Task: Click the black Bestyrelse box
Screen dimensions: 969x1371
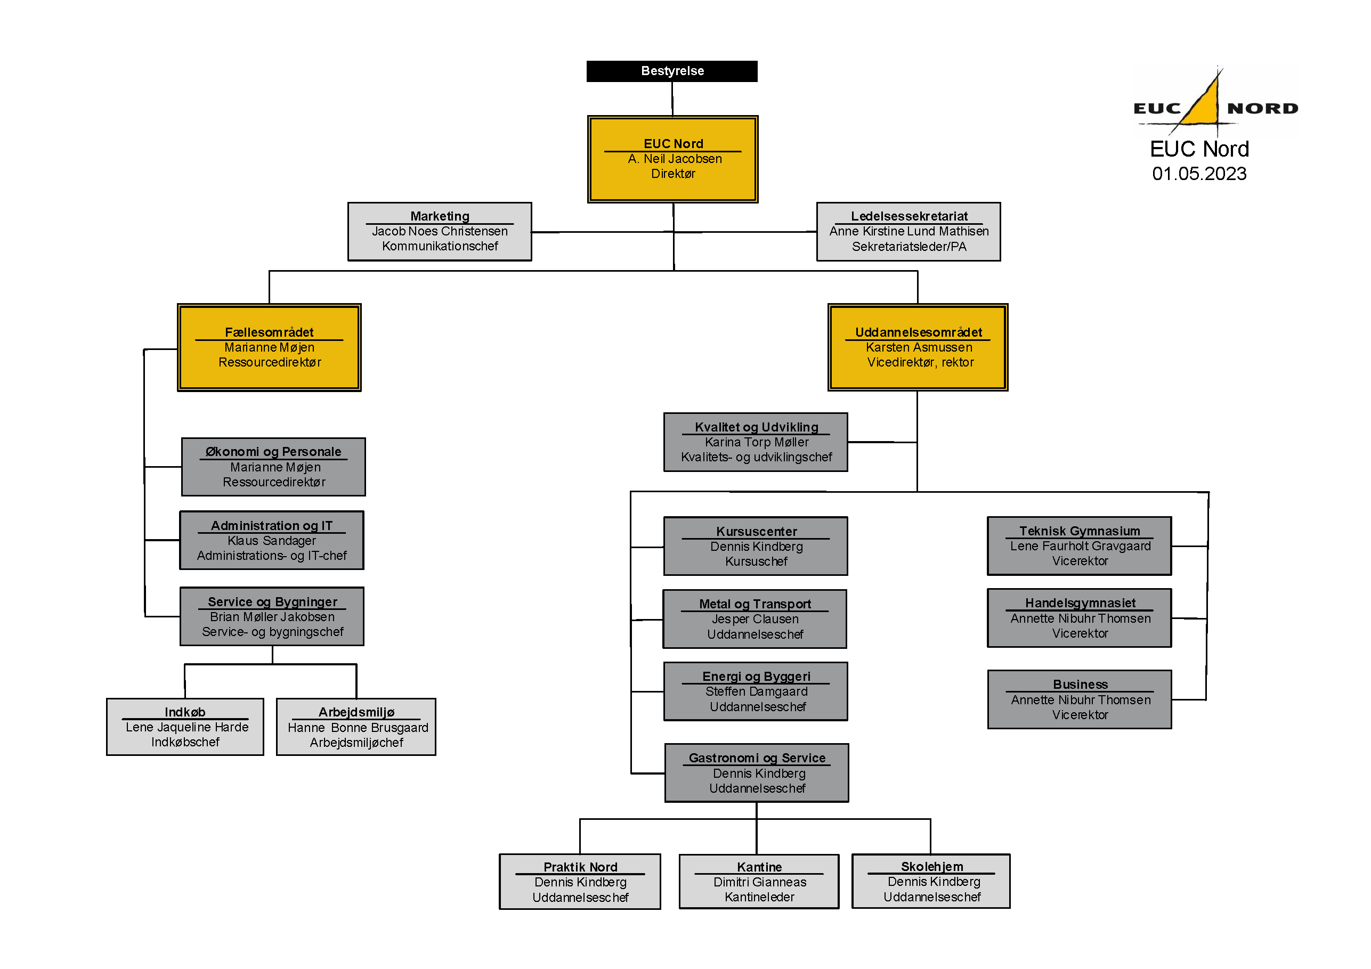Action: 672,71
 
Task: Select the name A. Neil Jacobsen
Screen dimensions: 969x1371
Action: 675,159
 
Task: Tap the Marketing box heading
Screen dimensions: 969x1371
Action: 440,216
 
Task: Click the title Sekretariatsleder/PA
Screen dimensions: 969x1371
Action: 909,247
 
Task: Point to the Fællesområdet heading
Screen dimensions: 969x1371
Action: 269,332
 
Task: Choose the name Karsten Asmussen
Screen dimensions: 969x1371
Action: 919,347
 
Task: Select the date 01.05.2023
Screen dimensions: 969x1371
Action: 1199,174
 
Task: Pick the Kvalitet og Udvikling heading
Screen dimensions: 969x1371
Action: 756,427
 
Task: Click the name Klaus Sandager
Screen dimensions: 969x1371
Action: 272,541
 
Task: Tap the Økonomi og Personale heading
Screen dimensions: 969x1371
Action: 273,452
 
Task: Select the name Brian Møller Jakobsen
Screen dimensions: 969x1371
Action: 272,617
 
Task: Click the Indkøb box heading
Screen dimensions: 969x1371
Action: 185,712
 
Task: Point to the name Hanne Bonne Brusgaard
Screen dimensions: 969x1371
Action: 358,728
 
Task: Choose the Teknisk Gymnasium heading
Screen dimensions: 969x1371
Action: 1080,531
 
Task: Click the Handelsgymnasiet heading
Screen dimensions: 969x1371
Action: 1080,603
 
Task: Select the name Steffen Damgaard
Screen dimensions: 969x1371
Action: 756,691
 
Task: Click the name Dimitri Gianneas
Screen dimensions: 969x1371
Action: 759,882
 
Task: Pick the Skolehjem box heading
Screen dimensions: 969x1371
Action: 931,866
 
